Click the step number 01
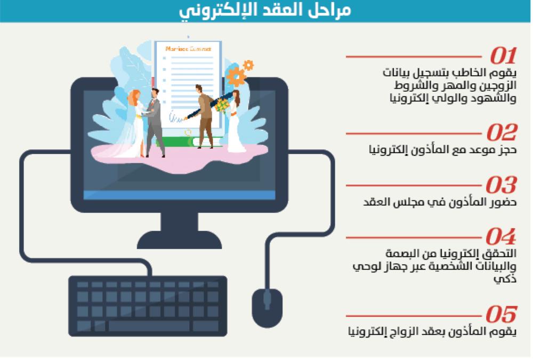(x=503, y=56)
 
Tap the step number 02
(x=502, y=132)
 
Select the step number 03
(x=502, y=185)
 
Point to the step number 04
(x=501, y=236)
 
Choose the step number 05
(x=501, y=314)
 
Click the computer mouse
(x=267, y=308)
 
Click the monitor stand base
(x=179, y=240)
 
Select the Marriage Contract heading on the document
(x=188, y=49)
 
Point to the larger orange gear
(x=236, y=77)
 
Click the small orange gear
(x=248, y=65)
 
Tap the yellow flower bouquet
(x=222, y=105)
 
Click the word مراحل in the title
(x=332, y=10)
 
